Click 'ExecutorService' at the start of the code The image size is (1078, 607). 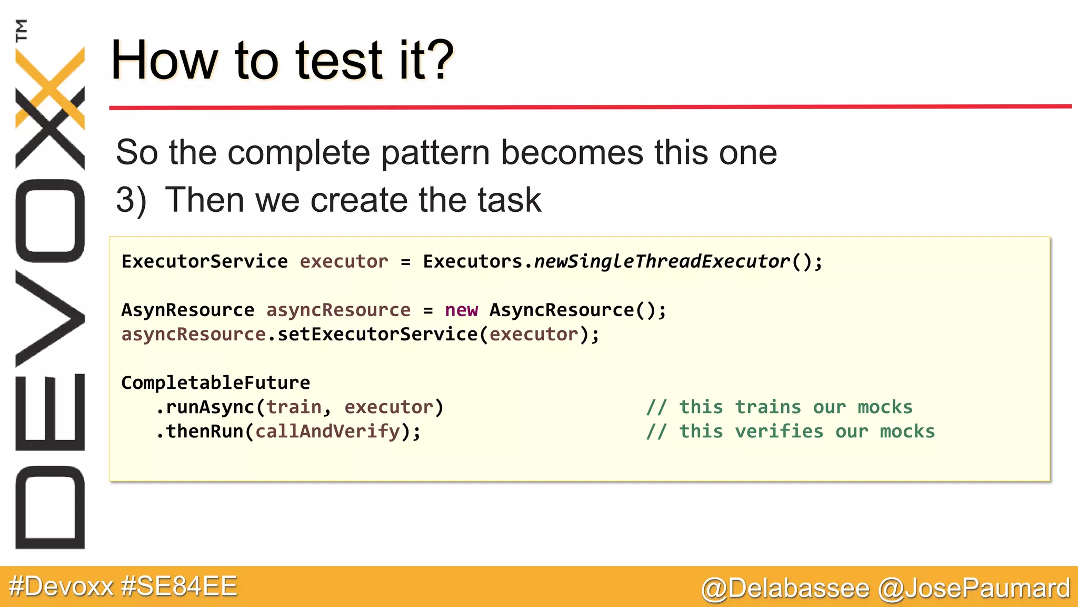point(204,261)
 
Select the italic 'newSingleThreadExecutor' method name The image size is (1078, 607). point(662,261)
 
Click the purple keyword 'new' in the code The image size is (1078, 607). point(461,310)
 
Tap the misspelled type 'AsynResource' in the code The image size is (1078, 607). point(187,310)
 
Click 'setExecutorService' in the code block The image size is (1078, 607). point(377,334)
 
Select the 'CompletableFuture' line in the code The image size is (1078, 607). point(215,383)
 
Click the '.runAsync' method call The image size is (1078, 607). point(205,407)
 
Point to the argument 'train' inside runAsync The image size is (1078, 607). point(294,407)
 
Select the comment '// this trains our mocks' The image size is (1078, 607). point(779,407)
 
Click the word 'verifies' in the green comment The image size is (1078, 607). point(779,431)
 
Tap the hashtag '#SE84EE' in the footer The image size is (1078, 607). point(179,586)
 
